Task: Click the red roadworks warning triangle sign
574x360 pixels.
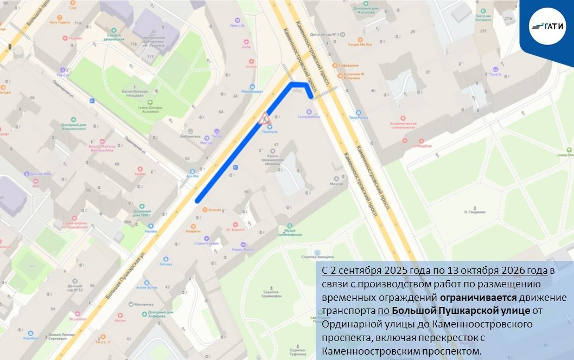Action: (x=264, y=117)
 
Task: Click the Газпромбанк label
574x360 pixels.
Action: (x=309, y=117)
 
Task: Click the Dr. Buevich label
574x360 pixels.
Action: (x=235, y=230)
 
